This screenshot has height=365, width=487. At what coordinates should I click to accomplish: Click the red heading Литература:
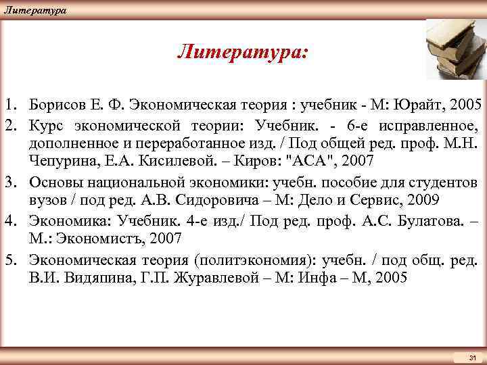tap(242, 52)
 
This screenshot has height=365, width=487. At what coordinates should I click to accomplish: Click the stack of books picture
tap(450, 49)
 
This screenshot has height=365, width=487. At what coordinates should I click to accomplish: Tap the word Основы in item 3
tap(56, 182)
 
